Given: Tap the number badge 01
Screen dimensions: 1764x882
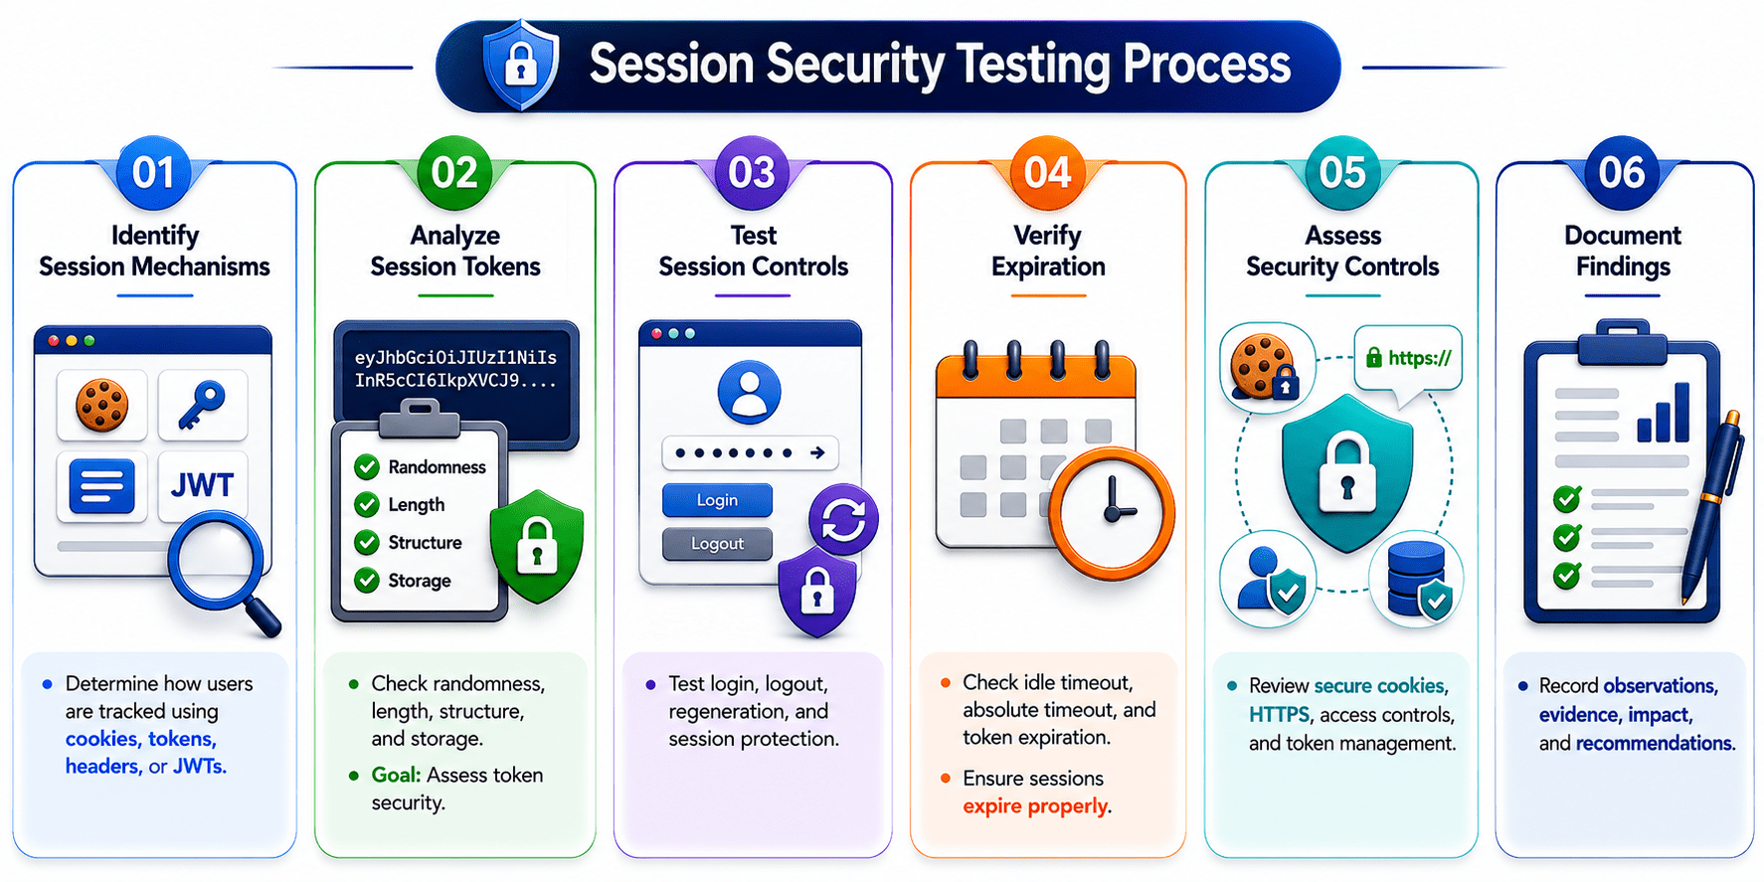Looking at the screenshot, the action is [153, 172].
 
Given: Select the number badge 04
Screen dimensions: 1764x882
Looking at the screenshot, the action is [1047, 172].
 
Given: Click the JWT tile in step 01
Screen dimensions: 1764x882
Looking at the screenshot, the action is [203, 485].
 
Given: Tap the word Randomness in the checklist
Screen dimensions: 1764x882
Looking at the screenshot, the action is [437, 467].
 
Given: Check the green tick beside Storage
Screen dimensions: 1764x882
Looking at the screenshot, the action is [367, 580].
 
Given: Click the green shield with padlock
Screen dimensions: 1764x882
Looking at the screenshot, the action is [537, 546].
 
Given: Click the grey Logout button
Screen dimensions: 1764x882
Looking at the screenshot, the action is [717, 544].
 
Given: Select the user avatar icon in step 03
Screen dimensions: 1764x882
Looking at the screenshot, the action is [749, 393].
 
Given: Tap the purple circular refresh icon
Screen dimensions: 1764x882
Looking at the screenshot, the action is [843, 520].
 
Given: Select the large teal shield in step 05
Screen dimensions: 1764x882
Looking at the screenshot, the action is [1347, 472].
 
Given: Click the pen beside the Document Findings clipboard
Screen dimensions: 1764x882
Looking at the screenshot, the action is [1712, 507].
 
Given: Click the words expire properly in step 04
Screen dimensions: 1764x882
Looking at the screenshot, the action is [1035, 806].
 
